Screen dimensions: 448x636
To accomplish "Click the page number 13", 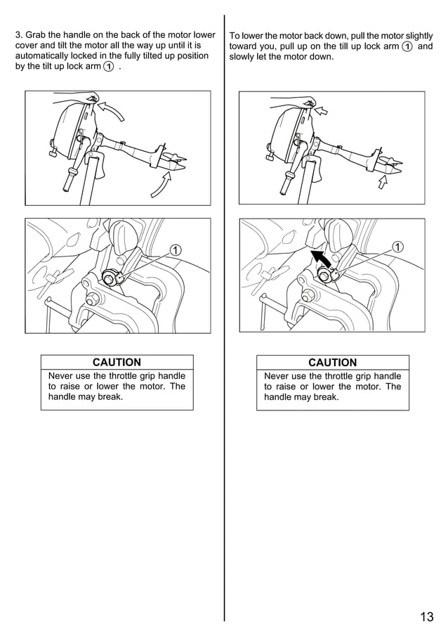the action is point(426,617).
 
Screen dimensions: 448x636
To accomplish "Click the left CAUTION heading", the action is point(117,362).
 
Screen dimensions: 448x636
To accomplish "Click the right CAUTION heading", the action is point(332,363).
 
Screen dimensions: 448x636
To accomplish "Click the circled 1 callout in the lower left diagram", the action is point(175,250).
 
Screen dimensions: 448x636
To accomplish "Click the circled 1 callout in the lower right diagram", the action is point(399,247).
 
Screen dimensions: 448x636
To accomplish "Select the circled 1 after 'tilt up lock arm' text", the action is point(108,67).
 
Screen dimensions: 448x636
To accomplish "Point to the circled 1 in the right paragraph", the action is point(407,46).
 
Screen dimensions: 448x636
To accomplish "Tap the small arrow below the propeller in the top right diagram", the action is point(382,182).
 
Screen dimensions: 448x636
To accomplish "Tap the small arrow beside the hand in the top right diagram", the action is point(321,110).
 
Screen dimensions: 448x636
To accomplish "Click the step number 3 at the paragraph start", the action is point(18,35).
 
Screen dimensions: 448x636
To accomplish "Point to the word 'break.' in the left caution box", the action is point(110,396).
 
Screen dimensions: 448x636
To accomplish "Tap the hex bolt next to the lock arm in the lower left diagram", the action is point(109,278).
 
